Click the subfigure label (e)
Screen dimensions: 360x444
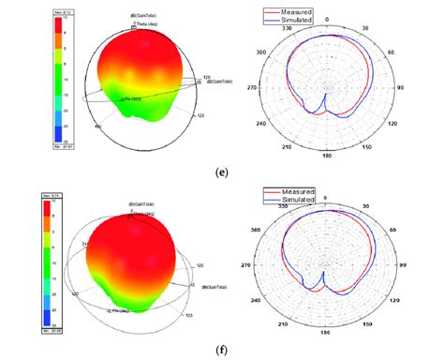[221, 174]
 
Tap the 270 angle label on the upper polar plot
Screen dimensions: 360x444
[250, 90]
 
